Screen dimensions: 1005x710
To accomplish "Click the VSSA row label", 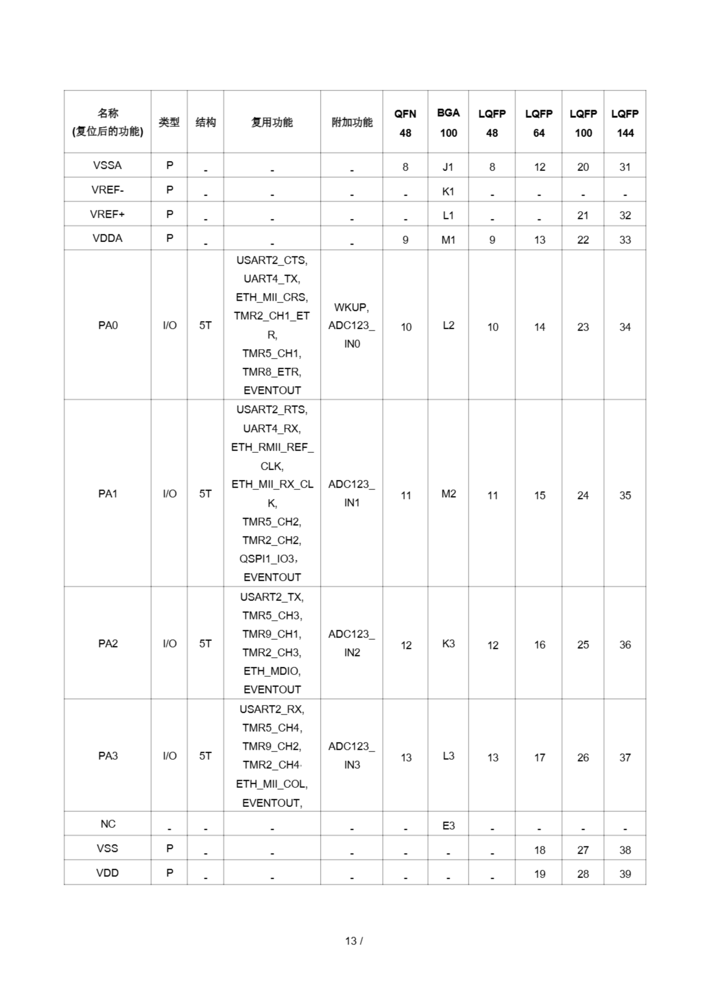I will point(107,165).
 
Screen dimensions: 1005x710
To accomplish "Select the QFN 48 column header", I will point(405,123).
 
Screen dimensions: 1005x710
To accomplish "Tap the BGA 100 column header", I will point(448,123).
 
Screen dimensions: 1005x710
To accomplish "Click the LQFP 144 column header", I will point(625,123).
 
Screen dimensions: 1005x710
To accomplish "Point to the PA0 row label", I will point(107,325).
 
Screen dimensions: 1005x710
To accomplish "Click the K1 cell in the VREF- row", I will point(448,191).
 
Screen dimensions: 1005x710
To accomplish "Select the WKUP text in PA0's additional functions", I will point(351,307).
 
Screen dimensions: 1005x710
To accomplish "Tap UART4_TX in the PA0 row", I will point(272,279).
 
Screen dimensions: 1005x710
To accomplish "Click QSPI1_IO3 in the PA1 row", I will point(268,559).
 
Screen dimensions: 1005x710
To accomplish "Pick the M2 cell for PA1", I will point(448,494).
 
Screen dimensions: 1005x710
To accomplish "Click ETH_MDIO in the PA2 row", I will point(272,671).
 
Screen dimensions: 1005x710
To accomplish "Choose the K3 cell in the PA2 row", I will point(448,643).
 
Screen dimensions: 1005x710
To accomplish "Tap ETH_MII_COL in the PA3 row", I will point(272,784).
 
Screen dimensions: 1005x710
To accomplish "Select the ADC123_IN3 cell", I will point(351,755).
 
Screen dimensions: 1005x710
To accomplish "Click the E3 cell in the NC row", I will point(448,826).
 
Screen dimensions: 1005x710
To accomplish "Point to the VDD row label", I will point(107,873).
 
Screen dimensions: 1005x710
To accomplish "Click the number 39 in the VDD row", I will point(625,874).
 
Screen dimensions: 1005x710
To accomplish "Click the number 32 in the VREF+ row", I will point(625,216).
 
